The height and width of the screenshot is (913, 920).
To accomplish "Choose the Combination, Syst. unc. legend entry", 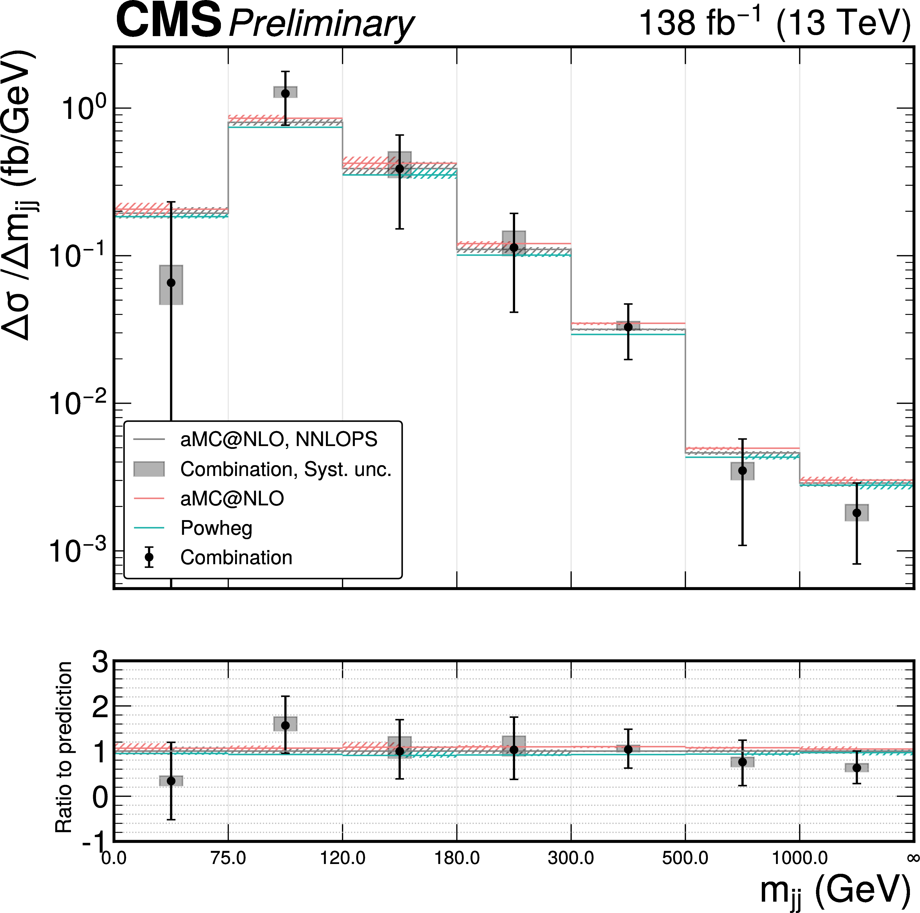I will tap(286, 469).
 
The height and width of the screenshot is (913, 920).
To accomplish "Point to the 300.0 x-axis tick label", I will tap(571, 858).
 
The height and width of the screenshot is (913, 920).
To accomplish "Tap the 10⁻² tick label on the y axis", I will tap(76, 404).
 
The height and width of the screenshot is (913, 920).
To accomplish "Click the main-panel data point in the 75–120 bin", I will tap(285, 93).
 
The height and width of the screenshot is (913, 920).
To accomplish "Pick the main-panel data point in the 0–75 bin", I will tap(171, 283).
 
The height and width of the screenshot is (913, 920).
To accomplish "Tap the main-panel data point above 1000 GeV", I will tap(857, 513).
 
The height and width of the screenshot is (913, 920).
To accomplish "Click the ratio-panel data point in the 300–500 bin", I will tap(628, 750).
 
